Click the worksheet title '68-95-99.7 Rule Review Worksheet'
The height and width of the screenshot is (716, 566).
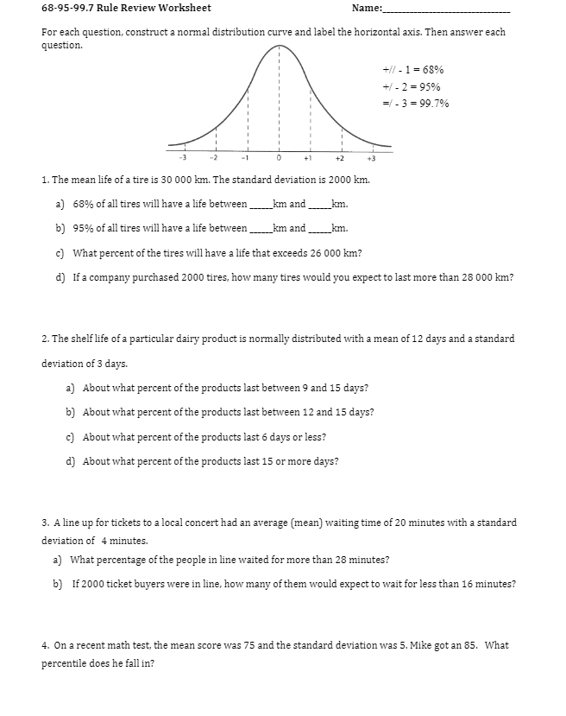pyautogui.click(x=126, y=9)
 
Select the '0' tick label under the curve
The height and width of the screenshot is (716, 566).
pyautogui.click(x=279, y=158)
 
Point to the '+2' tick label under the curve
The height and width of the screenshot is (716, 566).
pyautogui.click(x=340, y=158)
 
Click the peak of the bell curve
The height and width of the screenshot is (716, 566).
pyautogui.click(x=279, y=46)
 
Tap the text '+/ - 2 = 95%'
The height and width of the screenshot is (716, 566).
pyautogui.click(x=412, y=86)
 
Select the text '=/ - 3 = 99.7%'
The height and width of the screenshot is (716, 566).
pyautogui.click(x=415, y=104)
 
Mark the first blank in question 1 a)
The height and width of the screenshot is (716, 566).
pyautogui.click(x=260, y=206)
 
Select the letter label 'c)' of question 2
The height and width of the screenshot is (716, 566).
pyautogui.click(x=71, y=437)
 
